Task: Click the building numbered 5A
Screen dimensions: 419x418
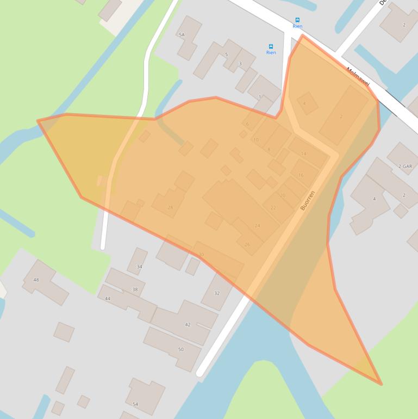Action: pos(182,35)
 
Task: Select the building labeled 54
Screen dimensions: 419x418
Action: pos(135,404)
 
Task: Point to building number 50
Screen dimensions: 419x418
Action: pos(181,349)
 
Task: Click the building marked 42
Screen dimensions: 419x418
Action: pos(188,324)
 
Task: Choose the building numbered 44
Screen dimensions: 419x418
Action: pos(108,299)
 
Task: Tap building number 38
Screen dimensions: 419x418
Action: pos(135,289)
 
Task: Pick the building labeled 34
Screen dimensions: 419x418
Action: pos(139,267)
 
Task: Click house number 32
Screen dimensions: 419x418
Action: pos(217,293)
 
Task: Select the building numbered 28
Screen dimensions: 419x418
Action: pos(170,207)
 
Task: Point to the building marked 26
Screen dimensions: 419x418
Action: pos(247,244)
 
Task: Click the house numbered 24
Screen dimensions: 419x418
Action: pos(257,225)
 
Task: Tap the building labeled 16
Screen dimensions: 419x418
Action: pos(301,175)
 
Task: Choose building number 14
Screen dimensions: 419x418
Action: pos(303,154)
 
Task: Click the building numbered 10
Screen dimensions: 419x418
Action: pos(255,140)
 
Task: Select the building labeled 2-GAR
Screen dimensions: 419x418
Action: pos(405,166)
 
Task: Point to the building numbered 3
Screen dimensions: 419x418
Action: pos(240,64)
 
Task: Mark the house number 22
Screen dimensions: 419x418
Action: pos(273,207)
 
